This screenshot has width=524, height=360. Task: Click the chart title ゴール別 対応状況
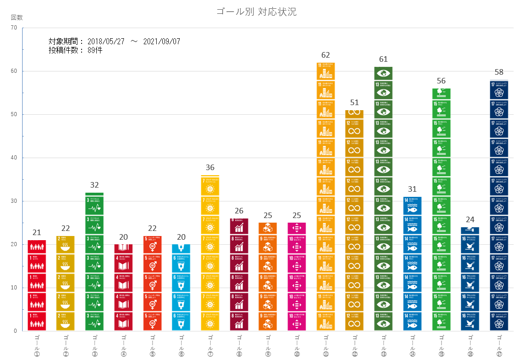coord(256,12)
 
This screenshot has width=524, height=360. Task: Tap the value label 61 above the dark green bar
coord(383,59)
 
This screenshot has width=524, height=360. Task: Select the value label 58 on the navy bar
coord(499,72)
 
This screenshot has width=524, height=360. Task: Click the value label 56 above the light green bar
coord(441,81)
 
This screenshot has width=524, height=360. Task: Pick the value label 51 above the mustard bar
coord(354,103)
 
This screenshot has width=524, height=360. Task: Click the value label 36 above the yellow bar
coord(210,168)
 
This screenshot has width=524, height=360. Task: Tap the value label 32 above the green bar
coord(94,185)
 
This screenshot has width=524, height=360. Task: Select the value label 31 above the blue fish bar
coord(412,189)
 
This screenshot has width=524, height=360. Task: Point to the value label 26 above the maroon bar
coord(239,211)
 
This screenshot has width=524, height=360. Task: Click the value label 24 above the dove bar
coord(470,220)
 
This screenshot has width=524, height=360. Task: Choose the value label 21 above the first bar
coord(37,233)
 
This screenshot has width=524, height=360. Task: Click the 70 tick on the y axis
coord(13,28)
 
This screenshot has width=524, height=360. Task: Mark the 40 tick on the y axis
coord(13,158)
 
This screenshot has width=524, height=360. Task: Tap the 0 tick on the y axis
coord(15,331)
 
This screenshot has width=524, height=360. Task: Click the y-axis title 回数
coord(17,18)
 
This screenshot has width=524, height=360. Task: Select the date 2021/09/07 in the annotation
coord(161,41)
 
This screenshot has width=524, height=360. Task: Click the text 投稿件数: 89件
coord(76,50)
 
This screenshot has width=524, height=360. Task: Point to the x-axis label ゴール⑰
coord(499,346)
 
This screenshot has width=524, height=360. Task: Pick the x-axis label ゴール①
coord(37,346)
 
